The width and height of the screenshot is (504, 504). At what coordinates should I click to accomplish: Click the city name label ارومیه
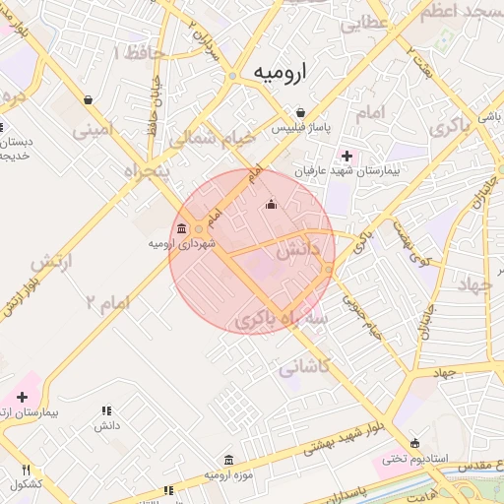point(281,72)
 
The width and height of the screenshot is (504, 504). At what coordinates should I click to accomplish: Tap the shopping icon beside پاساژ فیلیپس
point(301,111)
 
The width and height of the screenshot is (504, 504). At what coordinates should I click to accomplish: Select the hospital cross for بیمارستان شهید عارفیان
point(346,155)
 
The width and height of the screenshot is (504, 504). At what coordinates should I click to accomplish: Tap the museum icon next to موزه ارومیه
point(229,460)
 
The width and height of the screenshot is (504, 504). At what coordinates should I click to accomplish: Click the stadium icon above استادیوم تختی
point(414,442)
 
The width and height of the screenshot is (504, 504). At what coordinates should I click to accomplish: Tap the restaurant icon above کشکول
point(27,470)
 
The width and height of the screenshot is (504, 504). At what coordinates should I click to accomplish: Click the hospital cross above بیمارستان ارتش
point(22,396)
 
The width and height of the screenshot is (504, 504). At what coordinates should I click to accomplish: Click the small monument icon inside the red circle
point(272,205)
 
